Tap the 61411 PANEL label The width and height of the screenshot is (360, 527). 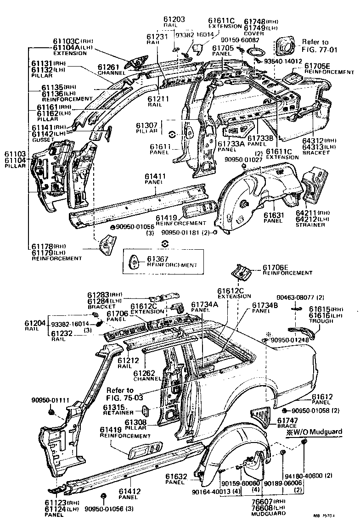[x=153, y=179]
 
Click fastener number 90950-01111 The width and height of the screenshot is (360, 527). [x=51, y=400]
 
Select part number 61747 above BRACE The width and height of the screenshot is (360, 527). [x=287, y=420]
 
